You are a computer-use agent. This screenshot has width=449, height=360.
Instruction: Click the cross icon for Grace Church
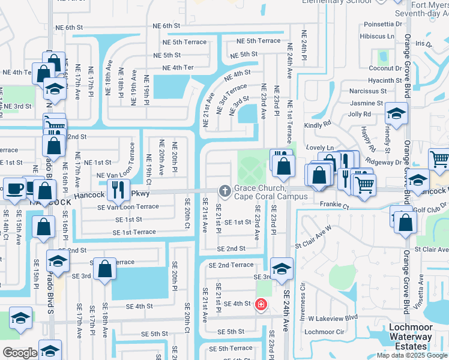[x=225, y=191]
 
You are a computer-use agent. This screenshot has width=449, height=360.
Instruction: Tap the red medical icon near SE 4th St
[x=260, y=304]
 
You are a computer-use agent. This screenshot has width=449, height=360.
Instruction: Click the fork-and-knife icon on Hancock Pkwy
[x=118, y=189]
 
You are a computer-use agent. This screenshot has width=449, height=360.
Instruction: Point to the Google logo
[x=19, y=353]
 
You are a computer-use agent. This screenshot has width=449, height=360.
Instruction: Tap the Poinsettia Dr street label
[x=384, y=25]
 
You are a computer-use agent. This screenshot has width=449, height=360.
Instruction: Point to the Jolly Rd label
[x=360, y=114]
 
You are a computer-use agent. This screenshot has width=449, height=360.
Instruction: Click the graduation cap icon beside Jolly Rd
[x=396, y=112]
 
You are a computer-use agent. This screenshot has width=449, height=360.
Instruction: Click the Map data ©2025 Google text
[x=412, y=355]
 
